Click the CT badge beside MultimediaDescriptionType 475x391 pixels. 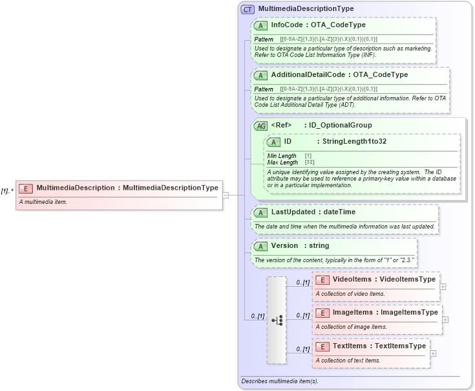248,9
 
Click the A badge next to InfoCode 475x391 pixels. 261,25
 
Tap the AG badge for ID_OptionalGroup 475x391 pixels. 261,126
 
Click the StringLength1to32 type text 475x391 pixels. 354,141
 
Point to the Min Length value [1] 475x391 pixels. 308,156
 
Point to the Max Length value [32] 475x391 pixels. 310,162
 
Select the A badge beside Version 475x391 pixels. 261,247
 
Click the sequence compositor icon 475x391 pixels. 277,320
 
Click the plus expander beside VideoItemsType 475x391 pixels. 443,286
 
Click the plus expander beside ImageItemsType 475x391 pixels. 445,319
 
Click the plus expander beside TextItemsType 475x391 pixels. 433,353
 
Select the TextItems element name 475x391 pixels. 350,346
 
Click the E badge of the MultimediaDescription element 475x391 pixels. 26,188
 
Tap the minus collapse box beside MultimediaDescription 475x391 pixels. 226,194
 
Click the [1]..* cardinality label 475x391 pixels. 7,191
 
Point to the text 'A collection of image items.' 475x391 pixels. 351,327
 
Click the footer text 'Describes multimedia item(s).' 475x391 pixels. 280,381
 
